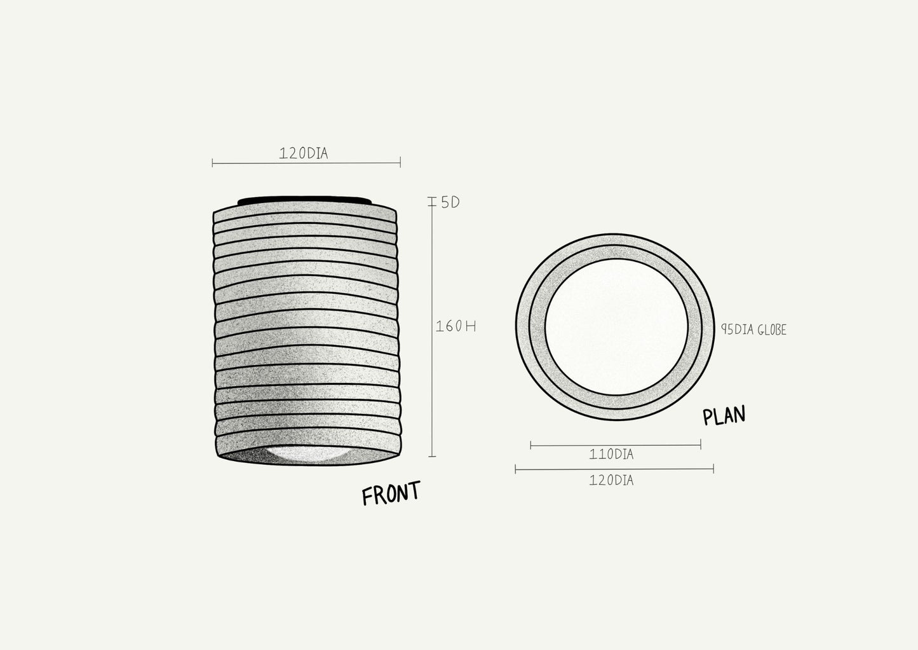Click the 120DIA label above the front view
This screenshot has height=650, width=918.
tap(304, 153)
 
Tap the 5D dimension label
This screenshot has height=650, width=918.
tap(450, 202)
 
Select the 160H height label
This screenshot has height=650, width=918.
tap(456, 326)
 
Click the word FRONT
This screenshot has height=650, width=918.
tap(391, 493)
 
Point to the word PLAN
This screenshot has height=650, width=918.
tap(724, 415)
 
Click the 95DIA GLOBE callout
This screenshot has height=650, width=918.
tap(753, 330)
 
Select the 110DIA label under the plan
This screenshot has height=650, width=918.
tap(611, 454)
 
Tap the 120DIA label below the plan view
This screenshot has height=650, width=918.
tap(611, 481)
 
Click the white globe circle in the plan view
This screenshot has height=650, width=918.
tap(616, 327)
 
